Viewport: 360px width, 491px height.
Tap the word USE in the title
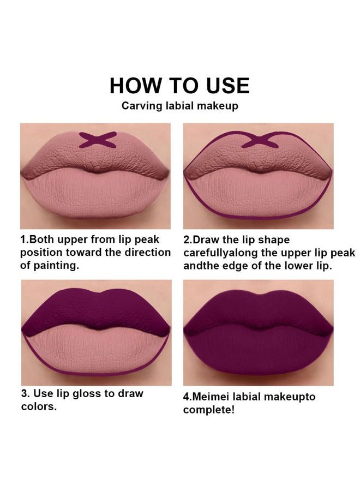point(224,86)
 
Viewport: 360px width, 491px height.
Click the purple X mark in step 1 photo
point(98,140)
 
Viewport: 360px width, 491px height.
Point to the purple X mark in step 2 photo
point(260,140)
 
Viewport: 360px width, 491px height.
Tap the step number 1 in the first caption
point(23,239)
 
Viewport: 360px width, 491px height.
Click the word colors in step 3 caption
point(38,407)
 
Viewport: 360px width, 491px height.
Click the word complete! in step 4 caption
point(209,410)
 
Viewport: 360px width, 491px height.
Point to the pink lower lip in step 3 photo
point(95,352)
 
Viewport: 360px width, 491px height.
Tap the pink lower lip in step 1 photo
point(95,194)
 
